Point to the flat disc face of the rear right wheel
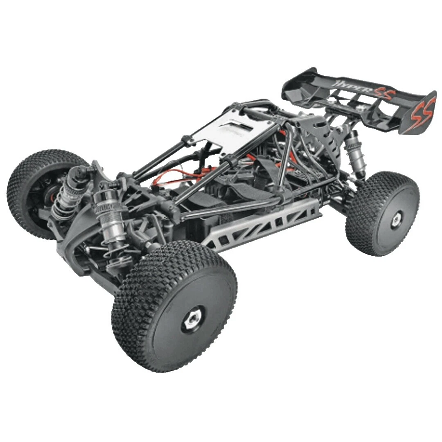point(389,229)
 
